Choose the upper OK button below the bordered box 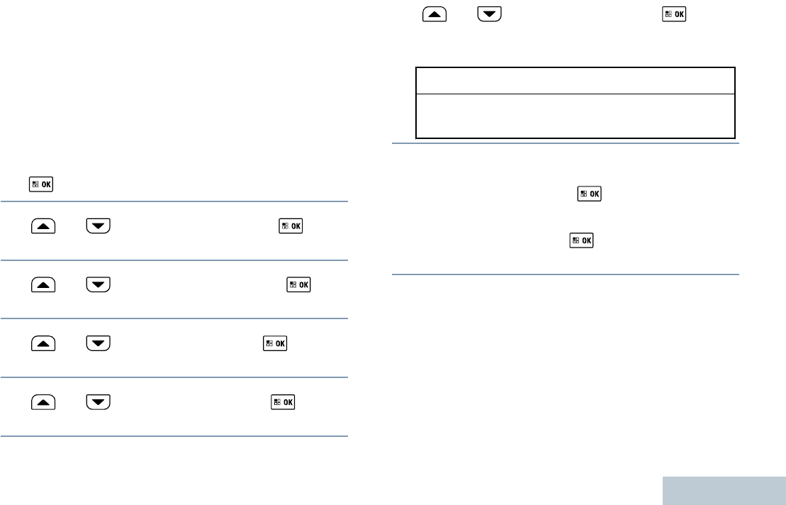590,194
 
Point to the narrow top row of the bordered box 575,81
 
